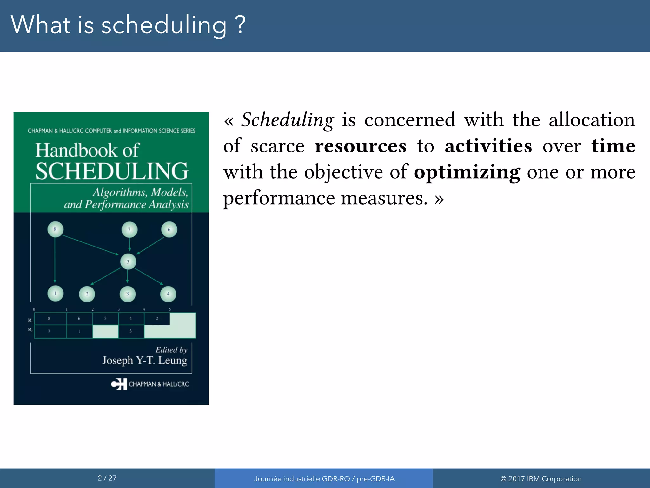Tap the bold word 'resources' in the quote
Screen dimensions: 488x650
(x=361, y=146)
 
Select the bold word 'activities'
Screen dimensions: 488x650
(x=488, y=146)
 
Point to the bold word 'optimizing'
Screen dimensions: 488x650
(x=467, y=173)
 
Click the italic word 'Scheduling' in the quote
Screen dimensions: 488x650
(x=287, y=120)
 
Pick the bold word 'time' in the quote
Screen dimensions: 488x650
(x=613, y=146)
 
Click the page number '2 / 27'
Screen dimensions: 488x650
(x=107, y=478)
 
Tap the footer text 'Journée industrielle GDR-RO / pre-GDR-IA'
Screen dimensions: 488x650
(x=324, y=479)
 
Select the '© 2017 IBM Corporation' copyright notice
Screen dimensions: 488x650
(x=541, y=479)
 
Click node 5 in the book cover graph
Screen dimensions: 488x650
(x=128, y=262)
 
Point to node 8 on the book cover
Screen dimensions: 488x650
(x=55, y=229)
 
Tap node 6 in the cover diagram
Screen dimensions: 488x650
(x=169, y=229)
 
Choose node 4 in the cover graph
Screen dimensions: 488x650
(x=168, y=294)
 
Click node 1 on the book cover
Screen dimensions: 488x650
(x=55, y=294)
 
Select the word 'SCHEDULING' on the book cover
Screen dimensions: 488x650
(x=112, y=171)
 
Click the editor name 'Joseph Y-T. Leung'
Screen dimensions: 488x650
(x=144, y=360)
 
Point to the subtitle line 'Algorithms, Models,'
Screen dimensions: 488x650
(x=140, y=193)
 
